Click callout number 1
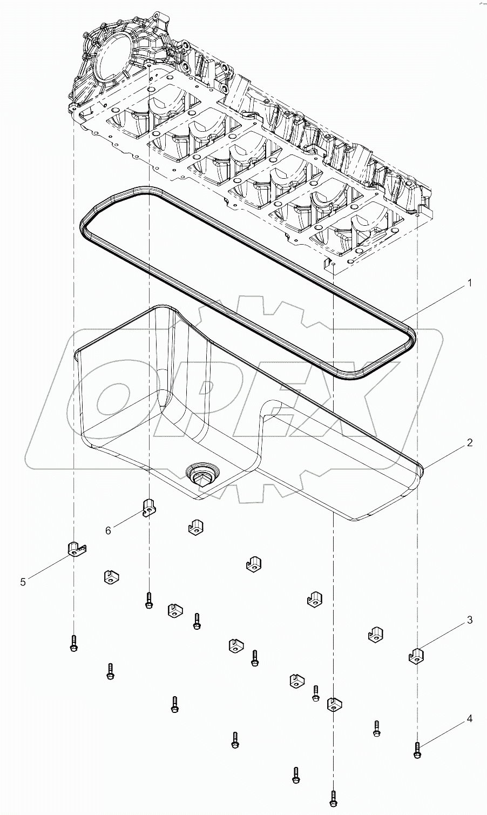point(470,282)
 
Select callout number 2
point(470,442)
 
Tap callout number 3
point(470,620)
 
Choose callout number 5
point(23,581)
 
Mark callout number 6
point(108,530)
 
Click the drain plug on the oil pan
point(201,474)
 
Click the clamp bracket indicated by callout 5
point(77,548)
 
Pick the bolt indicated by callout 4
point(417,748)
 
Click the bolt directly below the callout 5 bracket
point(73,643)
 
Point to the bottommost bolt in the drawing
point(333,797)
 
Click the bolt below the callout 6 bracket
point(148,600)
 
